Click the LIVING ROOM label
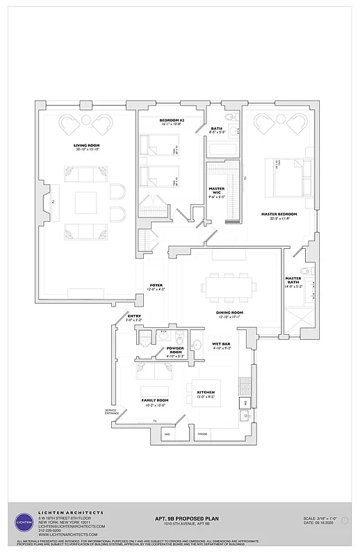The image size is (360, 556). click(87, 146)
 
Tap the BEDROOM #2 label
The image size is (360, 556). click(171, 121)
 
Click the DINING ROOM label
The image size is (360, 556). click(229, 313)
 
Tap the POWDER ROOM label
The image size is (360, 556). click(175, 351)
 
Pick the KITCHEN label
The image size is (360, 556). click(206, 393)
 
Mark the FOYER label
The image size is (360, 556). click(156, 286)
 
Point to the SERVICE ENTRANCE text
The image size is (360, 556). click(111, 412)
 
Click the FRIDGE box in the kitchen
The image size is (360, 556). click(202, 434)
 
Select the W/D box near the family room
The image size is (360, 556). click(167, 434)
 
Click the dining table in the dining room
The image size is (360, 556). click(229, 286)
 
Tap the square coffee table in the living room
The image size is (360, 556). click(87, 202)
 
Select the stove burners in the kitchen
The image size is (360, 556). click(245, 383)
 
